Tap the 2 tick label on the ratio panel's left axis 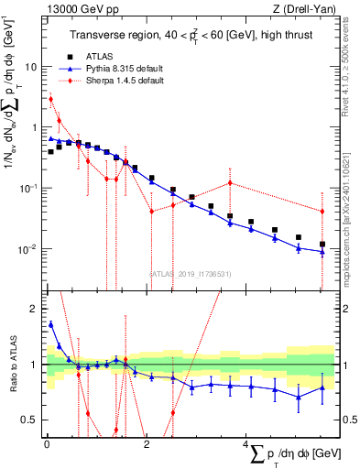click(35, 309)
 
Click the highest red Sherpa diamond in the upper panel click(51, 99)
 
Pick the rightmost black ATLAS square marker click(322, 245)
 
